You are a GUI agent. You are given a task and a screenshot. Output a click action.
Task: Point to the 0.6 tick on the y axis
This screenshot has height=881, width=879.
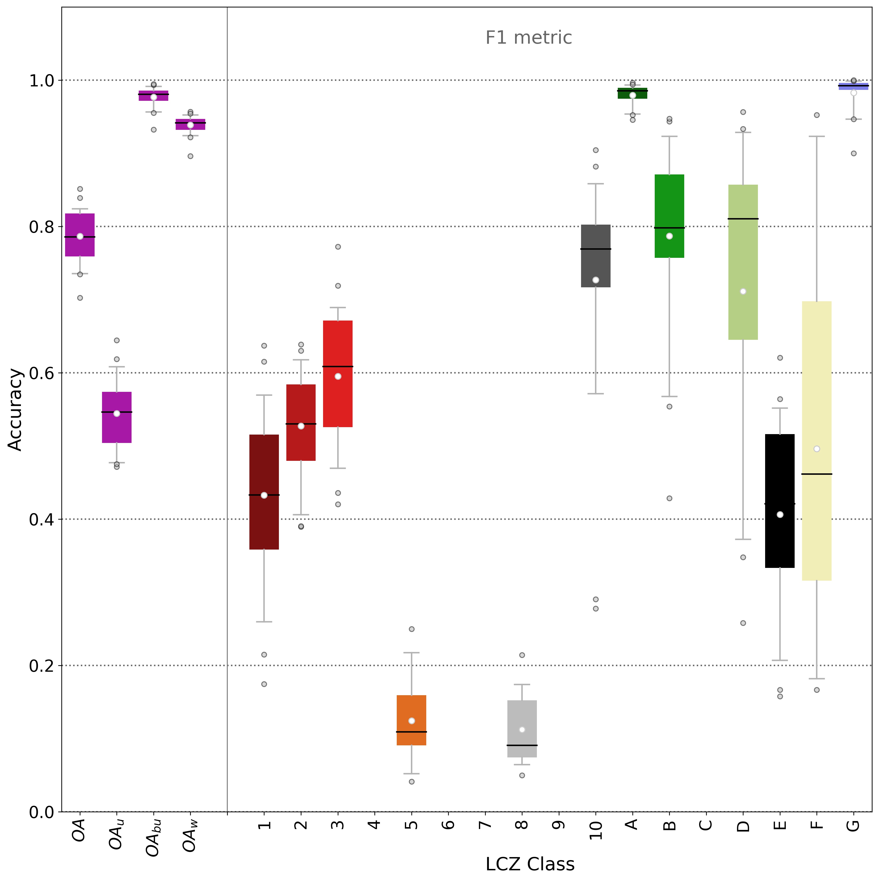point(42,373)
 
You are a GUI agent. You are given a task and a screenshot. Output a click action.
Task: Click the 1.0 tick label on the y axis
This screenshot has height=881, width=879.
point(42,81)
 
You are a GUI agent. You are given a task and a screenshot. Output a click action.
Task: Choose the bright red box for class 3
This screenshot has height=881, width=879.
point(338,374)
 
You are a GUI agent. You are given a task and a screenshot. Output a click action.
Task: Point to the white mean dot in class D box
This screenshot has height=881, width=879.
point(743,291)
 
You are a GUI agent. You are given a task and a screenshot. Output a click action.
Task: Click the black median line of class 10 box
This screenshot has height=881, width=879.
point(596,249)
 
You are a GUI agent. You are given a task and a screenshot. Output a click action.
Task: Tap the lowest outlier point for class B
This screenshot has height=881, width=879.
point(670,498)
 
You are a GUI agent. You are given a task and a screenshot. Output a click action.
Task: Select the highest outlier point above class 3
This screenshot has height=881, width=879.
point(338,247)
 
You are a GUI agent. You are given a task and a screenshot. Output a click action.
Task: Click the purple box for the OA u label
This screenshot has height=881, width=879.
point(117,417)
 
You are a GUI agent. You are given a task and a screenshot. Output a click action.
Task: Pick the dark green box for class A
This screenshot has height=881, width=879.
point(633,93)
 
